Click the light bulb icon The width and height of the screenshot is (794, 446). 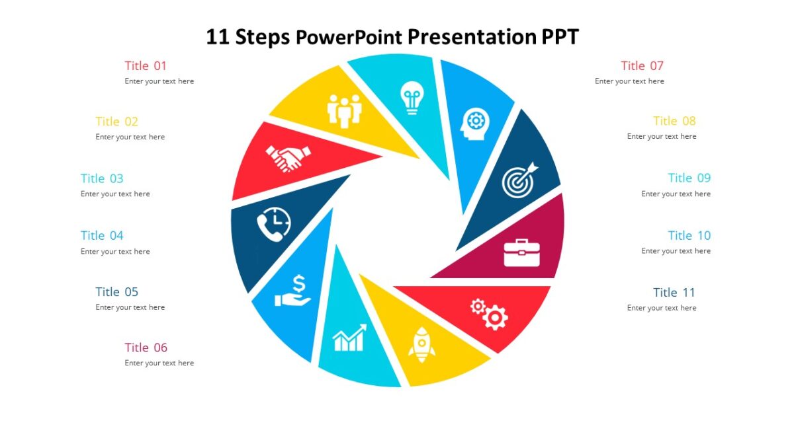pyautogui.click(x=411, y=98)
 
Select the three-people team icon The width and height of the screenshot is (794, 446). pyautogui.click(x=345, y=110)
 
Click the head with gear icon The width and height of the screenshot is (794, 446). pyautogui.click(x=474, y=123)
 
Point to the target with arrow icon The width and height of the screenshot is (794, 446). pyautogui.click(x=519, y=180)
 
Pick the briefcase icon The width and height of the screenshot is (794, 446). pyautogui.click(x=521, y=253)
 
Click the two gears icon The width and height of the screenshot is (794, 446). pyautogui.click(x=489, y=314)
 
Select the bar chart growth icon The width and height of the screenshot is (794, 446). pyautogui.click(x=349, y=338)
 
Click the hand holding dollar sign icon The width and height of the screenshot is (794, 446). pyautogui.click(x=293, y=292)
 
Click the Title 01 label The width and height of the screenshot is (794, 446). pyautogui.click(x=146, y=65)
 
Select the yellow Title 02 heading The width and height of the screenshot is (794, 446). pyautogui.click(x=116, y=122)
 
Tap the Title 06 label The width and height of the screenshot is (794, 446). pyautogui.click(x=146, y=348)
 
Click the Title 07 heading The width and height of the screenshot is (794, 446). pyautogui.click(x=642, y=65)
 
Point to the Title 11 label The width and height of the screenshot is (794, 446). pyautogui.click(x=674, y=292)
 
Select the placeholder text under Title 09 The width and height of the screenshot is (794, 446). pyautogui.click(x=676, y=194)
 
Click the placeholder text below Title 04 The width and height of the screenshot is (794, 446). pyautogui.click(x=115, y=251)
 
